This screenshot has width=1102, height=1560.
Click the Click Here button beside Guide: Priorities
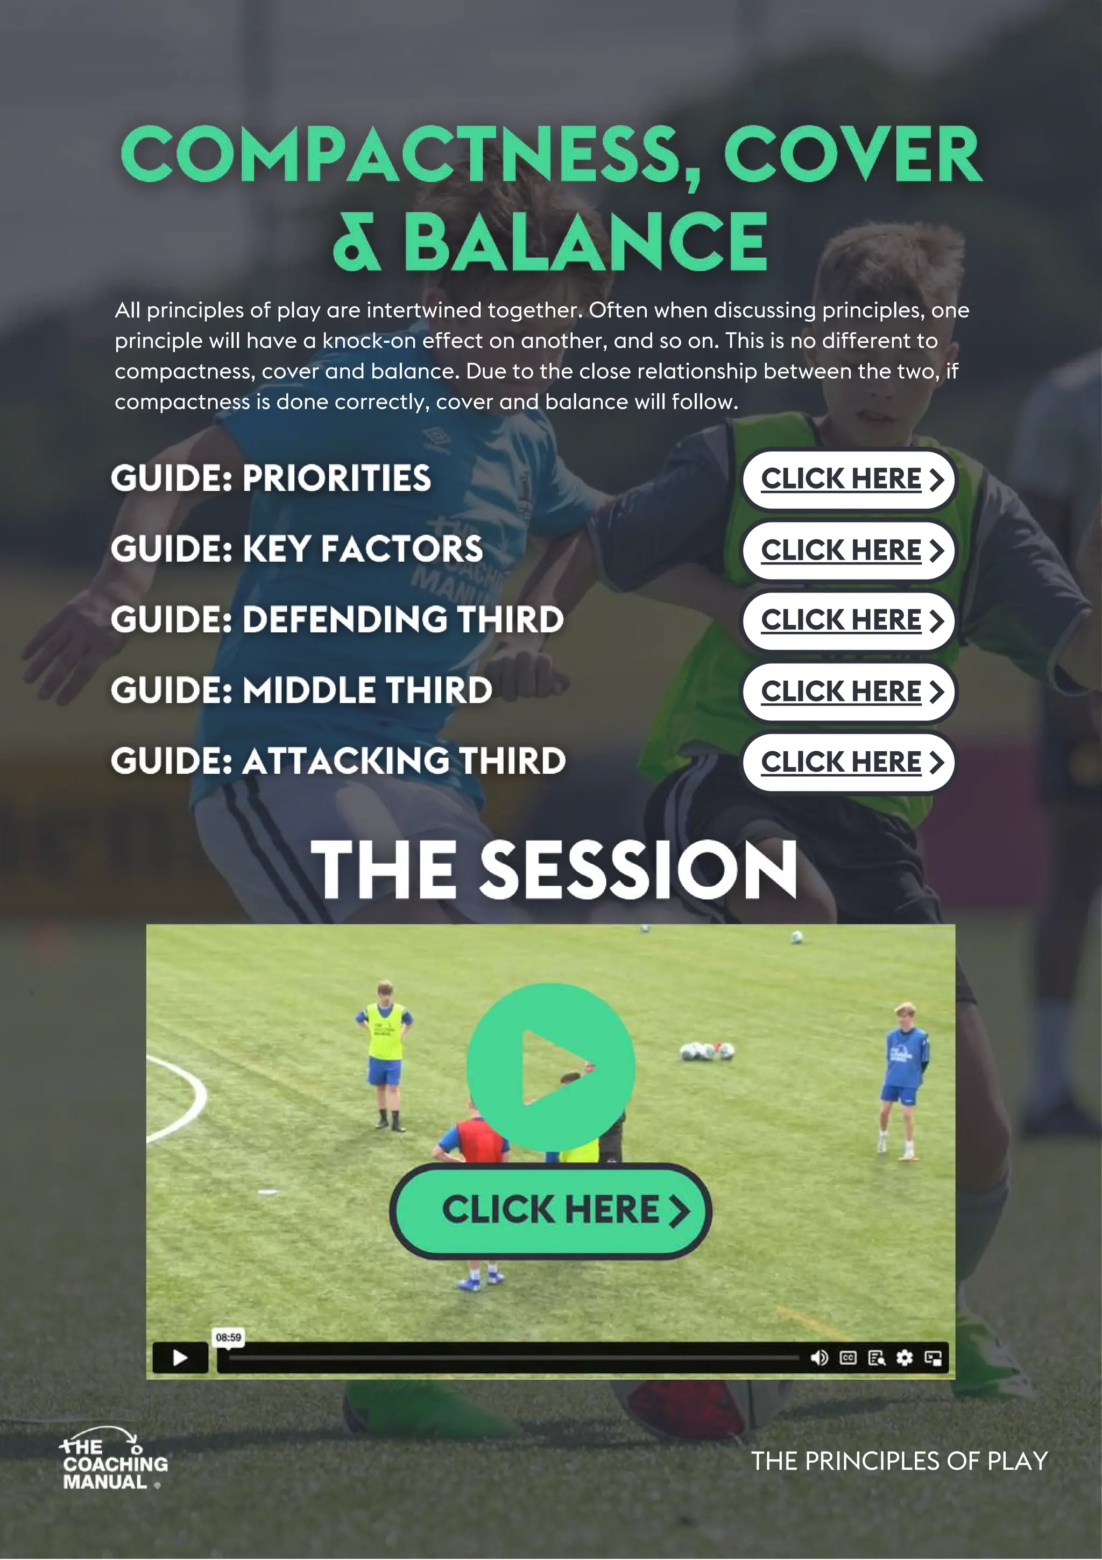click(x=849, y=479)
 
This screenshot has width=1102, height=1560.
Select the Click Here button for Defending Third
click(x=849, y=620)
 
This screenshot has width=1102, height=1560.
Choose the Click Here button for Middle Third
click(x=849, y=691)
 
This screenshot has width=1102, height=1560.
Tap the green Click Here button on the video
click(x=550, y=1210)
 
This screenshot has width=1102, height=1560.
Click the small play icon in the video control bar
click(x=180, y=1358)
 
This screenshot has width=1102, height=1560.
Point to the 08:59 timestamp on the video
click(x=228, y=1337)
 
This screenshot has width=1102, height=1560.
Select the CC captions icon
click(x=848, y=1358)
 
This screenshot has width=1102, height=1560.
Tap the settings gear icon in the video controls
click(x=905, y=1358)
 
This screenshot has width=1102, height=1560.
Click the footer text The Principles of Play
click(x=899, y=1461)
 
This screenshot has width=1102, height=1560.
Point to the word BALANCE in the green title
click(x=585, y=241)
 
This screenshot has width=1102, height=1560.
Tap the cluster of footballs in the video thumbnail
click(x=707, y=1051)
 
